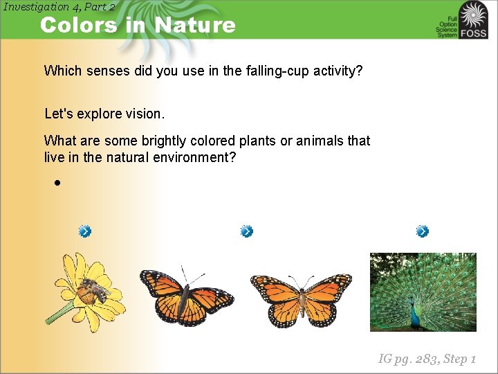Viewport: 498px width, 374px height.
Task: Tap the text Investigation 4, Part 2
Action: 59,7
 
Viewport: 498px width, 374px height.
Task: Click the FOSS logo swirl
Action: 474,15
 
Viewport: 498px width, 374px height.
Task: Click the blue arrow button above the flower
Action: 84,231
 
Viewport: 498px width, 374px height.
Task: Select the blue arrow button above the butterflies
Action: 247,231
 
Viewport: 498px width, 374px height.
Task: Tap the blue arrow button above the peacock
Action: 423,231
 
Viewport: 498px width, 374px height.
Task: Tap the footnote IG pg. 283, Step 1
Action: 427,359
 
